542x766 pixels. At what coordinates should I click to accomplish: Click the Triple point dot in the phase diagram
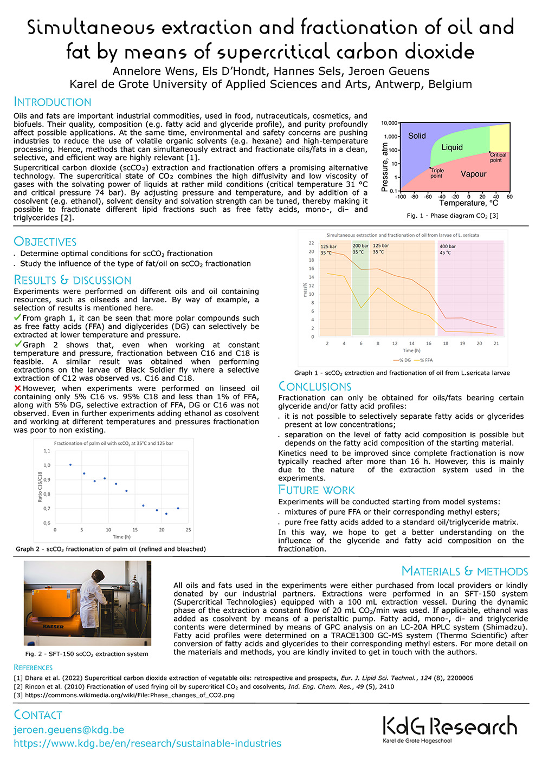(431, 167)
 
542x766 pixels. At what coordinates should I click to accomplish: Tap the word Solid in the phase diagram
(417, 136)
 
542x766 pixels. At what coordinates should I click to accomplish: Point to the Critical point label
(498, 157)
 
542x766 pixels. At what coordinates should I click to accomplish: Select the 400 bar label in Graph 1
(447, 246)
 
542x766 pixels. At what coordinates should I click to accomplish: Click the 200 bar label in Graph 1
(360, 246)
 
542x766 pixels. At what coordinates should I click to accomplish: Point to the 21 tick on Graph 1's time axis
(496, 343)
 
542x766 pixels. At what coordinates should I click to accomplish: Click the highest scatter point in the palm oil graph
(70, 465)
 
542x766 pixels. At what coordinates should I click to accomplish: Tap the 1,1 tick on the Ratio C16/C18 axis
(47, 451)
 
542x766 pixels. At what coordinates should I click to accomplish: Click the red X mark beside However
(17, 388)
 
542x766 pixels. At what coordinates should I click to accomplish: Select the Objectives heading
(45, 242)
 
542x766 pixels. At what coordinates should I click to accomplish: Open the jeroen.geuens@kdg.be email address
(69, 730)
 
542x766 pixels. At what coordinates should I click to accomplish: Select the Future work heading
(316, 490)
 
